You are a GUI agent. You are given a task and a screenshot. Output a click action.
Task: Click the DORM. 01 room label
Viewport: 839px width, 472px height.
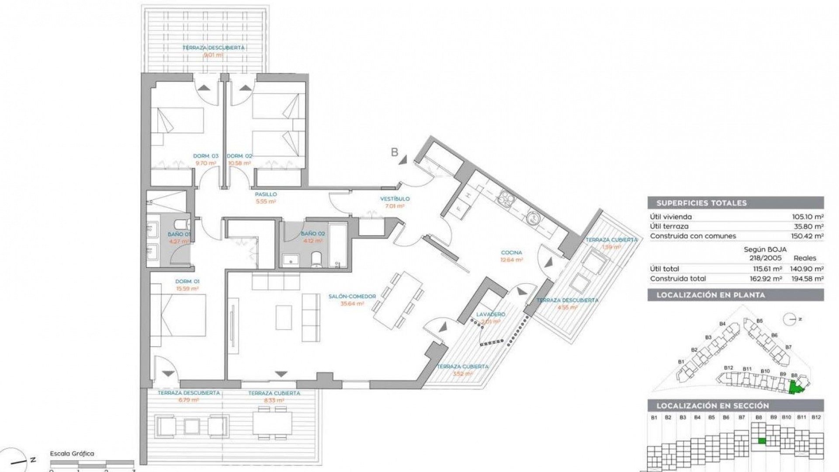(x=187, y=281)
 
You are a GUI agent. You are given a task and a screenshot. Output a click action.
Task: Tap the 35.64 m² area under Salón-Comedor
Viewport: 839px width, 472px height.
(x=352, y=304)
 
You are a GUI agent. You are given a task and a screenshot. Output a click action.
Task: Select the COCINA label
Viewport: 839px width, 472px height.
(x=511, y=253)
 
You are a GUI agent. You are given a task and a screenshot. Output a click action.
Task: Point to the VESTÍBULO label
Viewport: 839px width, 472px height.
(x=395, y=199)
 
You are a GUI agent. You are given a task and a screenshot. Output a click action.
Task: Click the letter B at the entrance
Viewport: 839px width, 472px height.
(x=395, y=152)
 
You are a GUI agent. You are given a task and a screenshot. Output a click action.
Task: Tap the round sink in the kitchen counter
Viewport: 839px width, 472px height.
(x=533, y=217)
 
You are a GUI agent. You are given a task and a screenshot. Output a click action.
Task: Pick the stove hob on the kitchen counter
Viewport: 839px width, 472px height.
(x=506, y=199)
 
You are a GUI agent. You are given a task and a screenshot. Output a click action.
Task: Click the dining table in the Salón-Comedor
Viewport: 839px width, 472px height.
(x=398, y=299)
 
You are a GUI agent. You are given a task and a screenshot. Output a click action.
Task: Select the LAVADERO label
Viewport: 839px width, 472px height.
(x=490, y=314)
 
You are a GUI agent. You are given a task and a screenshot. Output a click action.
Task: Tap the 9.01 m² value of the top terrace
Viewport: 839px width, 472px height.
(x=213, y=56)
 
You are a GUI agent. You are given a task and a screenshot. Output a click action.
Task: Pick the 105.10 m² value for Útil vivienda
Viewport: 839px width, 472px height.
(x=808, y=217)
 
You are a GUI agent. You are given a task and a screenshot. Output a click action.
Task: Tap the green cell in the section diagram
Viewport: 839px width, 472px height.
(x=762, y=441)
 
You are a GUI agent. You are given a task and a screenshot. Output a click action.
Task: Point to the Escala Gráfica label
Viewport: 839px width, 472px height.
(x=72, y=454)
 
